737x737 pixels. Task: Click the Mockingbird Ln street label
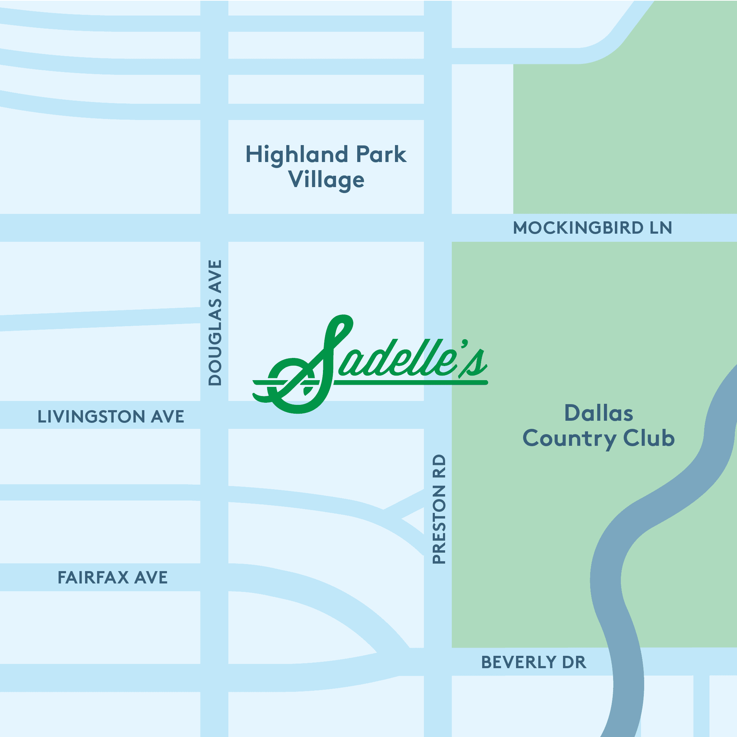pos(592,228)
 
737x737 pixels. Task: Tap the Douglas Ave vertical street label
pos(215,323)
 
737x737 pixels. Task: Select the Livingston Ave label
pos(110,417)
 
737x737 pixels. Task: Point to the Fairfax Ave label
pos(113,577)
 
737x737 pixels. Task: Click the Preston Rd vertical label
pos(439,509)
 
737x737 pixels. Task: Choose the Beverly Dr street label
pos(533,662)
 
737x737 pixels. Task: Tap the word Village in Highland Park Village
pos(326,180)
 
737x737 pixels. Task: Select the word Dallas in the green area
pos(599,413)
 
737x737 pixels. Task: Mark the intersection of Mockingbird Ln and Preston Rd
pos(438,228)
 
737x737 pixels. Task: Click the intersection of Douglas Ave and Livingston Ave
pos(214,415)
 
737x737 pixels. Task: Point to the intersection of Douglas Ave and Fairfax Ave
pos(214,577)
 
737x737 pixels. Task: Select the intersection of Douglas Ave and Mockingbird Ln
pos(214,228)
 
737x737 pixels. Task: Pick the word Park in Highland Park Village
pos(381,155)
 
